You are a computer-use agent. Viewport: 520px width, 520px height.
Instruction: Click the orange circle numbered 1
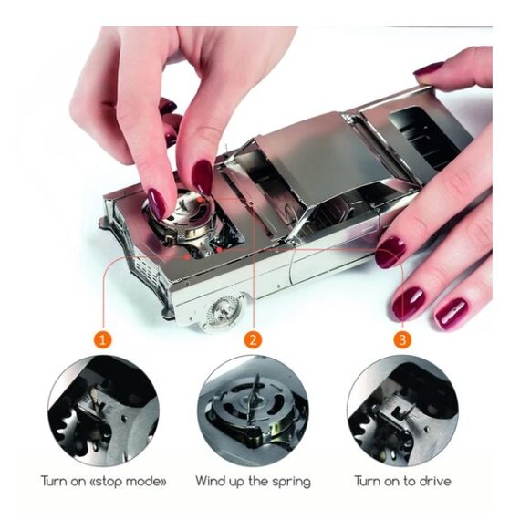[103, 339]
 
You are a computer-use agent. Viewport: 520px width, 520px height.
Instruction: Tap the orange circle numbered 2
[253, 339]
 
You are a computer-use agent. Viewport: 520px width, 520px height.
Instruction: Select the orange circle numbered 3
[402, 339]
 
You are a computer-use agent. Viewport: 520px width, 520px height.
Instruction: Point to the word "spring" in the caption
[291, 483]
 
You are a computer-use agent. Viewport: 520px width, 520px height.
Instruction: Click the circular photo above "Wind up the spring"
[253, 411]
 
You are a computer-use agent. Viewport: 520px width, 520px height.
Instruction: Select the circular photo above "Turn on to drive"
[402, 411]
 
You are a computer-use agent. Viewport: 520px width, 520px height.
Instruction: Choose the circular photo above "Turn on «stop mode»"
[103, 411]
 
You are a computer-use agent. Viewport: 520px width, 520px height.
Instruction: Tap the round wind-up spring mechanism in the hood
[182, 215]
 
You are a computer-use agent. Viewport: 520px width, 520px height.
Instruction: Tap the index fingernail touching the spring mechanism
[157, 203]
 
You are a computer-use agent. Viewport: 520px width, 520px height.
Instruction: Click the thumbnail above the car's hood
[202, 177]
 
